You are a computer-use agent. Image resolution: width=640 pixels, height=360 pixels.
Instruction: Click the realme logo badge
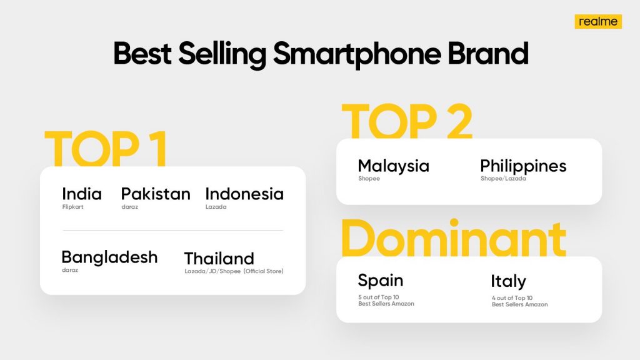598,22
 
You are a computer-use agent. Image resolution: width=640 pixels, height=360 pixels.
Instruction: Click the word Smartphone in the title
357,55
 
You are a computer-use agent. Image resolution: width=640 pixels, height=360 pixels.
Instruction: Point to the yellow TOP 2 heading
407,121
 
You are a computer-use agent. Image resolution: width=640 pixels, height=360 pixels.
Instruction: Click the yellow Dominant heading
454,238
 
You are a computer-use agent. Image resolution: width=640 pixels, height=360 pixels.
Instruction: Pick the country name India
82,194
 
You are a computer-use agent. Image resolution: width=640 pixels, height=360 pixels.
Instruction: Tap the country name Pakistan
156,194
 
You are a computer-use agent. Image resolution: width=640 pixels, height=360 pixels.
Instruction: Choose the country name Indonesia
244,194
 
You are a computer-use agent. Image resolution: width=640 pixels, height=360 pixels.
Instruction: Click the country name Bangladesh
109,258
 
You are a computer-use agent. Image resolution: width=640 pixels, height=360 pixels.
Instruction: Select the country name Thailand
219,259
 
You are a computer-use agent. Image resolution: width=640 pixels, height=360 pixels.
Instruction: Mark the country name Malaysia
394,166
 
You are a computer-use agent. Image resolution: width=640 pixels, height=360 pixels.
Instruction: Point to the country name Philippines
523,166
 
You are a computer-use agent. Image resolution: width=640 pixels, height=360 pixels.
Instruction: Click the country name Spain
381,281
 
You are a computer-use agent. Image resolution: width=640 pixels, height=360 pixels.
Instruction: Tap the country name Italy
508,282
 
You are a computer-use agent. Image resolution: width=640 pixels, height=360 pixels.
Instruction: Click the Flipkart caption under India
72,207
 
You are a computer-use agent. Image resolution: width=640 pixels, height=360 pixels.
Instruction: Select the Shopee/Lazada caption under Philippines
503,178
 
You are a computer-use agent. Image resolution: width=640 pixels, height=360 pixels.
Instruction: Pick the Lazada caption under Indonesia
216,207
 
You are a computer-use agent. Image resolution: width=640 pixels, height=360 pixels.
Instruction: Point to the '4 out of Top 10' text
512,298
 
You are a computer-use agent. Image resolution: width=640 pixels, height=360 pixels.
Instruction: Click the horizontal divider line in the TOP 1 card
172,230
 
